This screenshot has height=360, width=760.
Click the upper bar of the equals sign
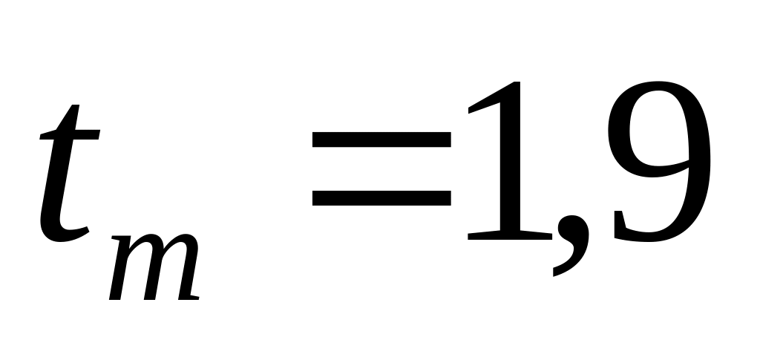[381, 139]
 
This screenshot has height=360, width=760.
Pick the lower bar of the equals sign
[381, 197]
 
